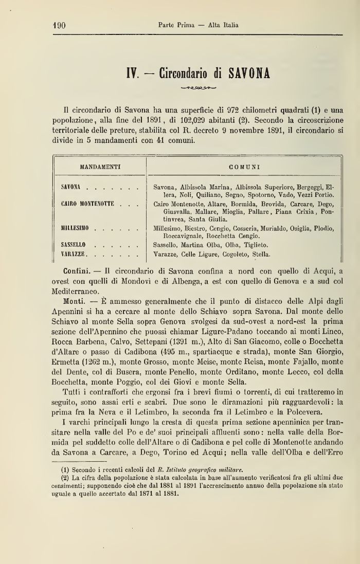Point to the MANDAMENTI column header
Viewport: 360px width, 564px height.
pyautogui.click(x=100, y=167)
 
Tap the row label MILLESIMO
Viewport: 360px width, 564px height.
pyautogui.click(x=76, y=228)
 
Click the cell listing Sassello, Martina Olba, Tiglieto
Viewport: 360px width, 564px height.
pyautogui.click(x=210, y=244)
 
